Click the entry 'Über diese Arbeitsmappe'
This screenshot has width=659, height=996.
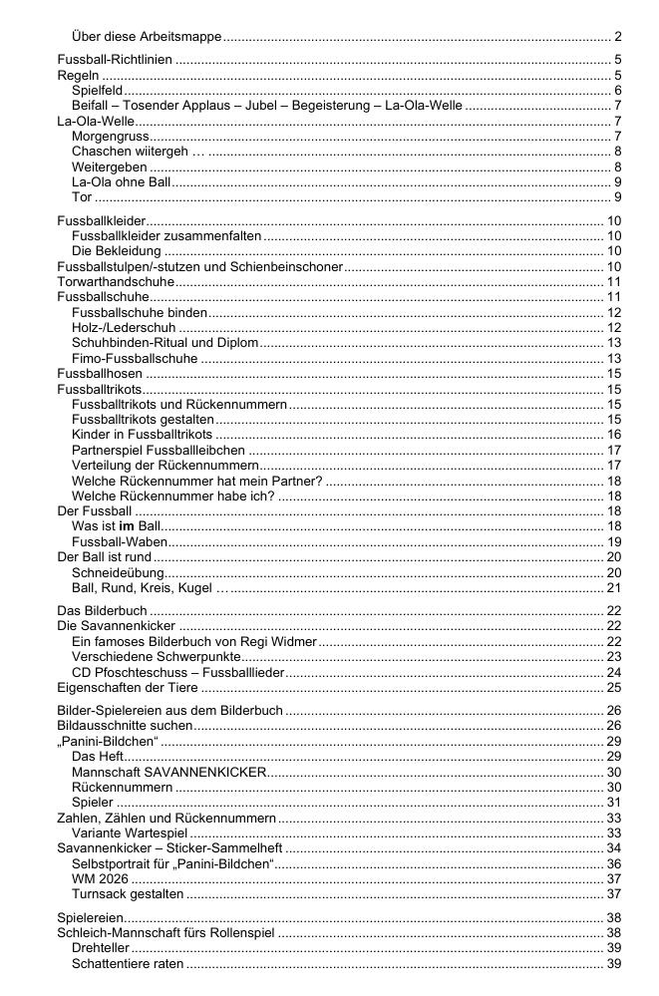click(148, 37)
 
